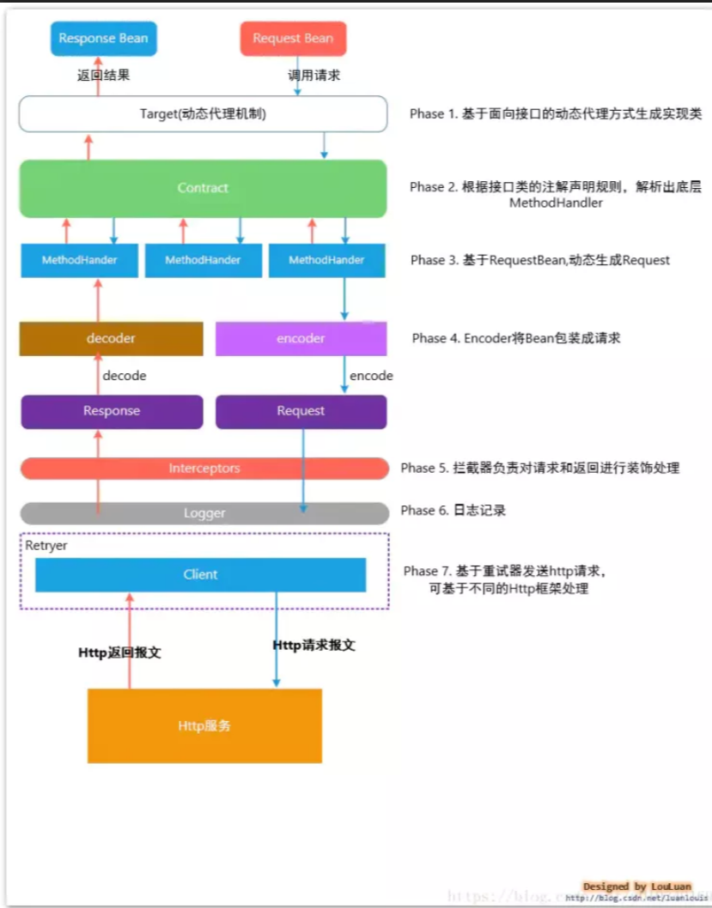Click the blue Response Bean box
(103, 39)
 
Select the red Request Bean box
(293, 39)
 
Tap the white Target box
(203, 113)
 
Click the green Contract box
(203, 188)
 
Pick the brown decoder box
(111, 338)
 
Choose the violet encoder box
(301, 338)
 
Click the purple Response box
(112, 411)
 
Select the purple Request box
(301, 411)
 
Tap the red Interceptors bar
(204, 469)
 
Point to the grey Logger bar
(204, 513)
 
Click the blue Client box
(200, 574)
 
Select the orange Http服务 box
(204, 726)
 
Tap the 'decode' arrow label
(125, 376)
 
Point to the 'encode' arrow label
(371, 376)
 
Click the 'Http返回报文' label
(119, 653)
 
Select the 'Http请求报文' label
(313, 645)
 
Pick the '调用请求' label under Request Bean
(313, 76)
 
